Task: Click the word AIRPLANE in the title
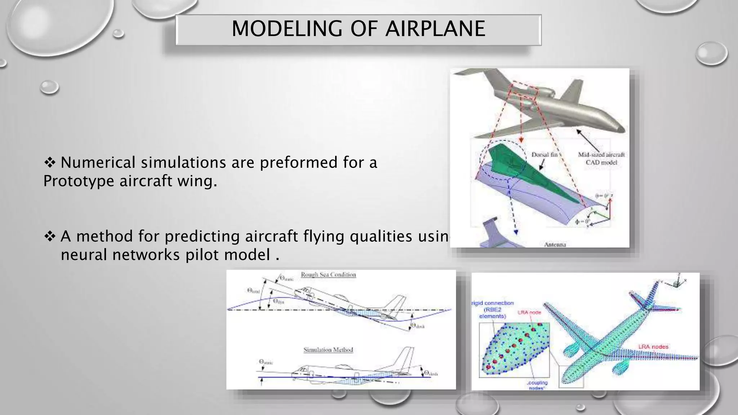435,29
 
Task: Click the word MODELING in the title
286,29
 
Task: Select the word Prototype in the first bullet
79,181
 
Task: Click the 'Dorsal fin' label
544,155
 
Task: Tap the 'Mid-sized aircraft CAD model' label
601,159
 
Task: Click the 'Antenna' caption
555,245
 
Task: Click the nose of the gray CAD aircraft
621,128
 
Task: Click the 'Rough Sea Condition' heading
328,275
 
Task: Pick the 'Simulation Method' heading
328,350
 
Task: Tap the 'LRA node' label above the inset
529,312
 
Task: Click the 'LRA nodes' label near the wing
653,347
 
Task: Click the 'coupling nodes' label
537,385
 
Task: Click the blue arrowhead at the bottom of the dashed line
516,232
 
